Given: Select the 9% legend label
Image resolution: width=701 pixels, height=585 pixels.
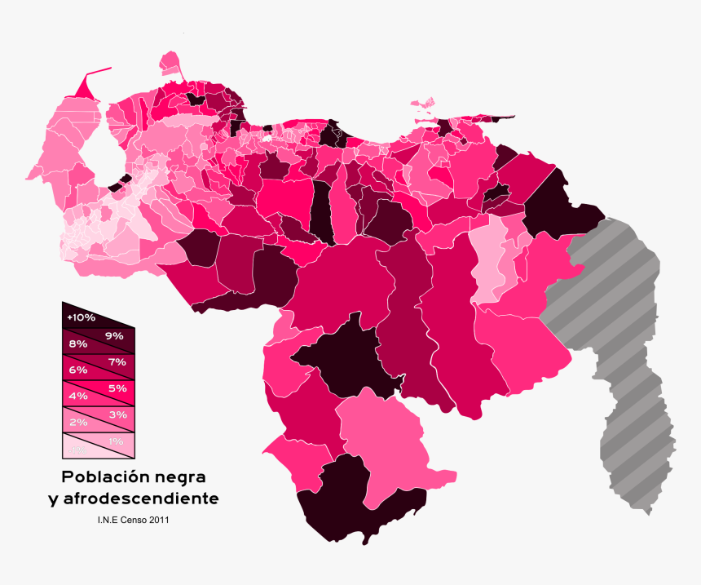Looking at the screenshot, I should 113,335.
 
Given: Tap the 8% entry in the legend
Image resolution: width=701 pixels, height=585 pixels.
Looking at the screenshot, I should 78,344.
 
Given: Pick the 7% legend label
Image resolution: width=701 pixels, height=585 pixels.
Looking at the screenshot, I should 116,361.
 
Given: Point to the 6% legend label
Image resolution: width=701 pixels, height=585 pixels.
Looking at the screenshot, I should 78,370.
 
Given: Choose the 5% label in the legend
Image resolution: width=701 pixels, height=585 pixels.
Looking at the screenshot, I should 116,388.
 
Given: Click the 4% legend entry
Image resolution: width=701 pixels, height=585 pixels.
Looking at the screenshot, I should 78,396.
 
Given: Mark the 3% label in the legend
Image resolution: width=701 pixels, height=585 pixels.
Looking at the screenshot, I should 116,414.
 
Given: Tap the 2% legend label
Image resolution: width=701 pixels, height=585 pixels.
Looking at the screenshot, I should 78,422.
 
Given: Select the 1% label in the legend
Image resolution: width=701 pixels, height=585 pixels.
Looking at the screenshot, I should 116,441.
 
